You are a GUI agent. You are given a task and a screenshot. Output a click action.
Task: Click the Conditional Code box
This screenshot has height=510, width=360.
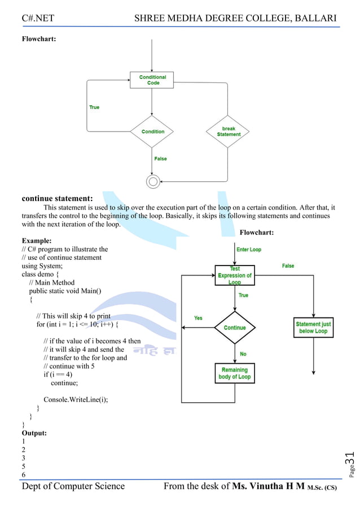coord(152,80)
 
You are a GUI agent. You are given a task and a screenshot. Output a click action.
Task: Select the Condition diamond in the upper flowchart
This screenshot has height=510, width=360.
coord(152,132)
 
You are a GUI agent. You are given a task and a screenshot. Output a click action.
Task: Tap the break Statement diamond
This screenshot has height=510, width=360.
coord(228,132)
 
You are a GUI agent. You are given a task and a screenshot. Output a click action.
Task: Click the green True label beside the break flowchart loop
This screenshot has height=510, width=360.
coord(94,107)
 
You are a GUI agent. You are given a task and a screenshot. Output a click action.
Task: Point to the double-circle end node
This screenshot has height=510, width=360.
coord(152,181)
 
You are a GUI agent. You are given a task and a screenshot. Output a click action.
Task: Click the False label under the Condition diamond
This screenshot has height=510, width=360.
coord(161,159)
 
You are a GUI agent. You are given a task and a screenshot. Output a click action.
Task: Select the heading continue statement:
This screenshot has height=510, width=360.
coord(57,198)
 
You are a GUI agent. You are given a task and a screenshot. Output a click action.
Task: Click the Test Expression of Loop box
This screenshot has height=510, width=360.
coord(235,276)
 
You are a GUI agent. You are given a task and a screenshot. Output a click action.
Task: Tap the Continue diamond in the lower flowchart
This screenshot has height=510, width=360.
coord(235,328)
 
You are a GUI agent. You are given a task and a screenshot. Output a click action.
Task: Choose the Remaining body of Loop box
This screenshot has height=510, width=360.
coord(235,373)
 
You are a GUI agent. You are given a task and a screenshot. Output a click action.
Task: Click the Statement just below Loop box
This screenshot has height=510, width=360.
coord(313,328)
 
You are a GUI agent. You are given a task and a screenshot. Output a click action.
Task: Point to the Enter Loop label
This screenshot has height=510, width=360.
coord(249,250)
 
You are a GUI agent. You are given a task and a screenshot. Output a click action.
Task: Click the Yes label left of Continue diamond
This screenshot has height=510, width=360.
coord(198,318)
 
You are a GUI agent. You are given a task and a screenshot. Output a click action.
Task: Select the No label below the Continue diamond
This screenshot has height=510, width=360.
coord(243,354)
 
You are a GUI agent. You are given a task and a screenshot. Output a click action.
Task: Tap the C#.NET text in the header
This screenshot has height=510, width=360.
coord(38,19)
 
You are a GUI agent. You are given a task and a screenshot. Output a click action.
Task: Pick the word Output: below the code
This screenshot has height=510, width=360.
coord(34,433)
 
